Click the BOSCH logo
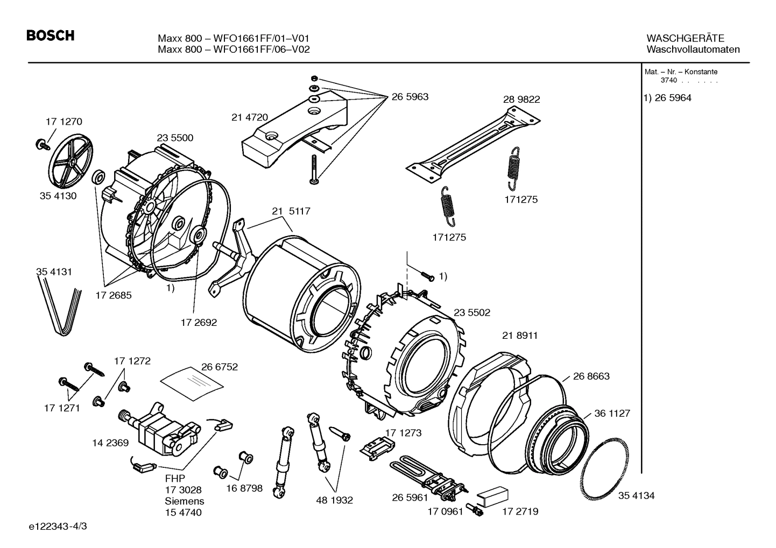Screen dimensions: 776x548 point(50,36)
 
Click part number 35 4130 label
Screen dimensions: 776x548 point(58,196)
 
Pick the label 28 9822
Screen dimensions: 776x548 point(521,99)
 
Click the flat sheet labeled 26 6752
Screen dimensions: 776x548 point(193,381)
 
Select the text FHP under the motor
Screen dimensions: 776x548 point(175,479)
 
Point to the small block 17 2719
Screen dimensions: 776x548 point(492,495)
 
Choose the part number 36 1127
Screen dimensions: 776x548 point(612,414)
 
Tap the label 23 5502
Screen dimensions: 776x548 point(472,312)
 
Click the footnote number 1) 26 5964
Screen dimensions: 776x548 point(667,98)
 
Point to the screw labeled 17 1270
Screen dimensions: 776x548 point(41,144)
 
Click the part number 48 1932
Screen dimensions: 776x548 point(334,500)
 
